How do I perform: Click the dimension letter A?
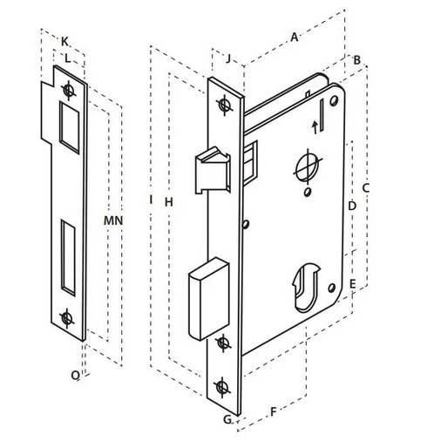tap(295, 37)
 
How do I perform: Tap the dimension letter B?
tap(356, 59)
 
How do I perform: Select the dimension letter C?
tap(366, 187)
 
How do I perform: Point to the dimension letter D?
tap(351, 207)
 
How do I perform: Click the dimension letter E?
tap(352, 284)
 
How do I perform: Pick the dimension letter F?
tap(273, 410)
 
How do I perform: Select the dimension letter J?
tap(228, 59)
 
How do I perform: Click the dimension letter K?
tap(66, 40)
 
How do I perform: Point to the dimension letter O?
tap(76, 375)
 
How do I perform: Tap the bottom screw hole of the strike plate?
tap(64, 317)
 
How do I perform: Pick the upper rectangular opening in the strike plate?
tap(67, 122)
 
